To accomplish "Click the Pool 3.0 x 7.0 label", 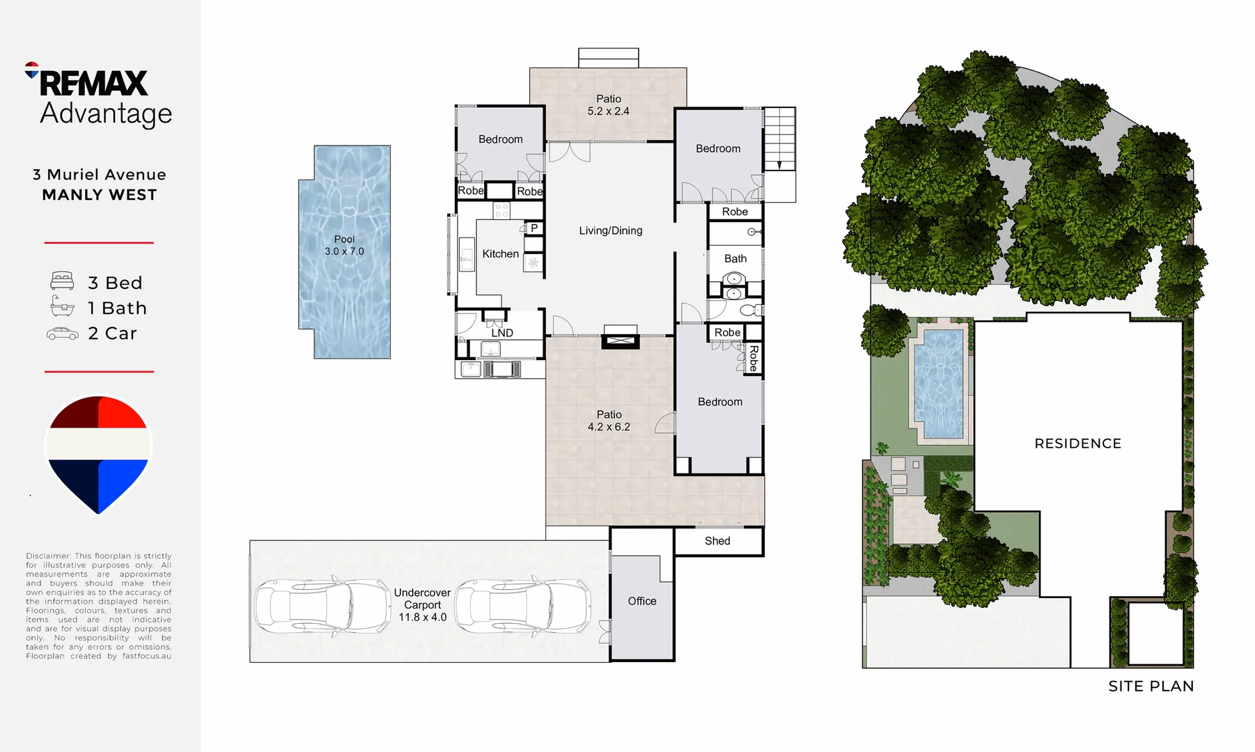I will [344, 245].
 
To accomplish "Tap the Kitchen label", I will [500, 254].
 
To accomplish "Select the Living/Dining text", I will [610, 230].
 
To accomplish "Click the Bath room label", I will [735, 258].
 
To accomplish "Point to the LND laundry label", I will [501, 333].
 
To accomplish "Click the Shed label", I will [717, 541].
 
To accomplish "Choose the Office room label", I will [641, 601].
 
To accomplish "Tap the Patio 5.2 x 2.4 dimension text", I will [608, 111].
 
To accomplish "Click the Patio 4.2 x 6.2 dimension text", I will [608, 427].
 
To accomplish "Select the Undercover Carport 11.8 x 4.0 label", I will [422, 604].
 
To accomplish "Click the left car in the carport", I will [322, 606].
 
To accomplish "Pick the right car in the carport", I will [522, 606].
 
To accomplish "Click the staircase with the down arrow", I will [779, 139].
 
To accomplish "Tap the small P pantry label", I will [533, 228].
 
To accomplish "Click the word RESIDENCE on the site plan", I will [1077, 444].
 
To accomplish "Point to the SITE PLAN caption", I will [1151, 687].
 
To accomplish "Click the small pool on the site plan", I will [938, 383].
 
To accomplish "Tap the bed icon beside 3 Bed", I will [62, 282].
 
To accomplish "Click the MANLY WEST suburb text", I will [99, 195].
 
